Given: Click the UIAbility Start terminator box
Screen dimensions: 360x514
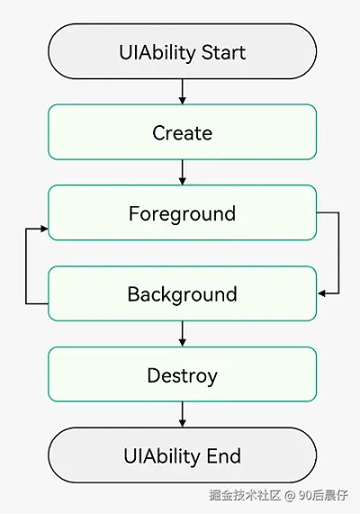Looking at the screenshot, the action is (183, 51).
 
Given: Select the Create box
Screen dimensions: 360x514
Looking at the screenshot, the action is (183, 132).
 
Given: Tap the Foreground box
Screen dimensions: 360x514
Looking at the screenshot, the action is (183, 212).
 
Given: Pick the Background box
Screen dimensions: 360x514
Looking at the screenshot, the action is (183, 293).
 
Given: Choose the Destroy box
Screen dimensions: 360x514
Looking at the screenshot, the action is (183, 374).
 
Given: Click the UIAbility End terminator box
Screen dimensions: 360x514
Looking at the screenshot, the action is (183, 455).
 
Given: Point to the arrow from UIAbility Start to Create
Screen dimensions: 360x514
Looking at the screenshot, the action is (183, 92).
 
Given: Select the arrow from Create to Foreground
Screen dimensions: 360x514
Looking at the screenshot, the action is (183, 173).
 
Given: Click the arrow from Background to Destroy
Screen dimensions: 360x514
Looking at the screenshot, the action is (183, 334).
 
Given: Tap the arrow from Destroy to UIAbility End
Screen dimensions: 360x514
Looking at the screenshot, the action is (183, 415).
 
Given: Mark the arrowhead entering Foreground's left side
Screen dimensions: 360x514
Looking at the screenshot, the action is (44, 229).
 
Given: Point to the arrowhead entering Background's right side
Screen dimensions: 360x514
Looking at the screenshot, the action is (321, 293).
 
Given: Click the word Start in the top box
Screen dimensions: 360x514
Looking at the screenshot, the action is (223, 52).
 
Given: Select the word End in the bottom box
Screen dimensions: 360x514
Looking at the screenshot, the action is (224, 456).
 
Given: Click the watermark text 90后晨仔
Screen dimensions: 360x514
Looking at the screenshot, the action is (323, 495).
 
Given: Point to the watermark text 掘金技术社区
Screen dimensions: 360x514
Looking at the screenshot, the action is (245, 495).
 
